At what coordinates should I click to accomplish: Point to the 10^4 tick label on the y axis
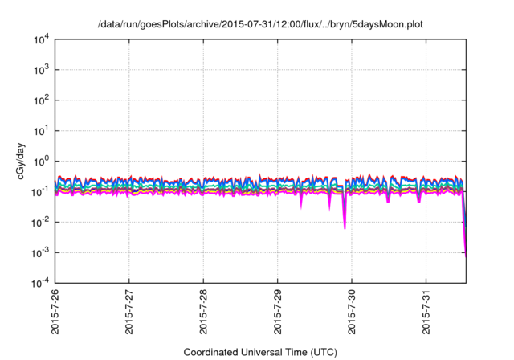pyautogui.click(x=40, y=39)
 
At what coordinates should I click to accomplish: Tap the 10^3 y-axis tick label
pyautogui.click(x=40, y=70)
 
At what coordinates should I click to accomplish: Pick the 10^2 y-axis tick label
pyautogui.click(x=40, y=100)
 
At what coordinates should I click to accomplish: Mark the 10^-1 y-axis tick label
pyautogui.click(x=39, y=191)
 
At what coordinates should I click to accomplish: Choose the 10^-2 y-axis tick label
pyautogui.click(x=39, y=222)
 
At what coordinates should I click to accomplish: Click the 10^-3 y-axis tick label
pyautogui.click(x=39, y=252)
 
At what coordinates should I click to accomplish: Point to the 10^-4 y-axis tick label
pyautogui.click(x=39, y=283)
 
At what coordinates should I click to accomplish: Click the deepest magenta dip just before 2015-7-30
pyautogui.click(x=345, y=227)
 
